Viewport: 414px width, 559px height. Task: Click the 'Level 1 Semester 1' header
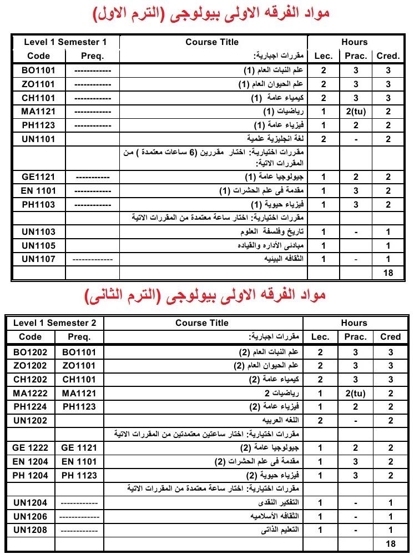point(65,42)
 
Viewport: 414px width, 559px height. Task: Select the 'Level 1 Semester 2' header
point(58,323)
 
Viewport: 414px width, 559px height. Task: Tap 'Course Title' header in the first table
point(212,42)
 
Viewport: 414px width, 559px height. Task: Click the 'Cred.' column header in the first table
point(388,56)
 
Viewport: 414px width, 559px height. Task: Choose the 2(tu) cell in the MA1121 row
point(356,112)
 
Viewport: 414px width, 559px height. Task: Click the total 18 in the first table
point(388,273)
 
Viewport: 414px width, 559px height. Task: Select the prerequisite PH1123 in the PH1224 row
point(79,407)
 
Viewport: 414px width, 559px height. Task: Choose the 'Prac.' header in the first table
point(356,56)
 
